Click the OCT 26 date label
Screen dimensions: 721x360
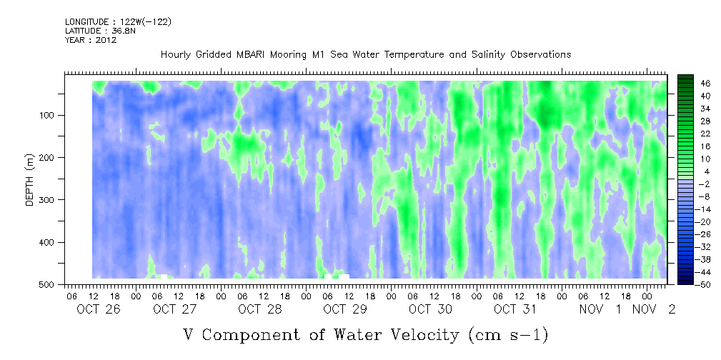click(99, 309)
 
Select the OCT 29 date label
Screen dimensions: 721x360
click(345, 309)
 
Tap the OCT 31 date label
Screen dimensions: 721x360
click(516, 309)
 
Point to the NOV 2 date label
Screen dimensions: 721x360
click(654, 309)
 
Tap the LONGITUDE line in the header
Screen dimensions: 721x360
click(118, 21)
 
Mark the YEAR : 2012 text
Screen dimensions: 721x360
click(91, 40)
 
